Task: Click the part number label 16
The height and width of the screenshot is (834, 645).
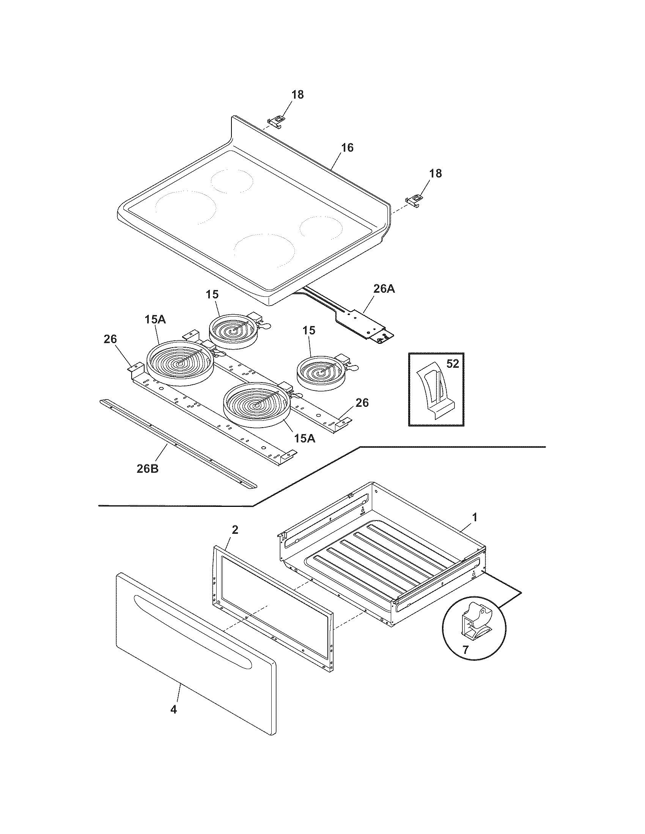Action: [347, 148]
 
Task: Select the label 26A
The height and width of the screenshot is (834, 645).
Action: [384, 289]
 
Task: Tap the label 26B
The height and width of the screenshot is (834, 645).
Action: [148, 469]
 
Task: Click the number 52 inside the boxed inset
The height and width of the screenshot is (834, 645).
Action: [452, 364]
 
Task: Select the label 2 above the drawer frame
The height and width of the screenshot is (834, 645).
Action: [235, 530]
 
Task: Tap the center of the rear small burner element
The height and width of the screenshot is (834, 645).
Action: [232, 331]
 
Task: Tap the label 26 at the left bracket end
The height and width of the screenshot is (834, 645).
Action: [110, 339]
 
